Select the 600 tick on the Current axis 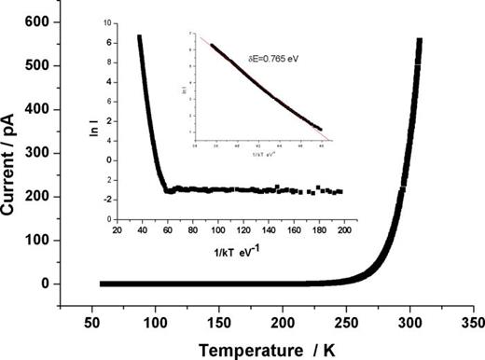tap(37, 20)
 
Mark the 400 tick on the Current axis tap(37, 108)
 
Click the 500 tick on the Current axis tap(37, 64)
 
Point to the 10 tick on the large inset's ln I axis tap(108, 20)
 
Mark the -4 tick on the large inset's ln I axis tap(108, 219)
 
